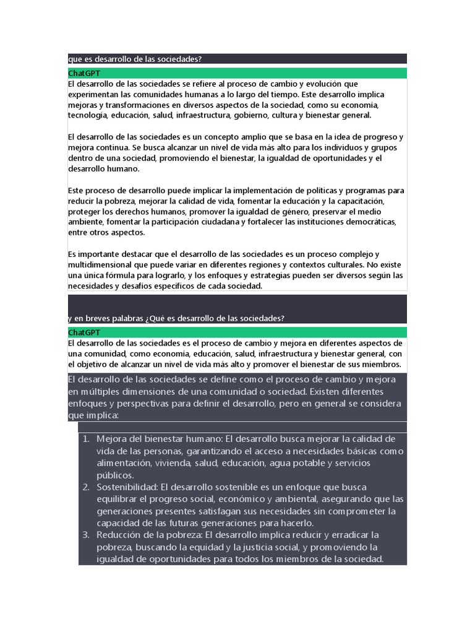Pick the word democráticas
coord(370,222)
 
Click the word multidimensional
coord(103,265)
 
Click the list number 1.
coord(85,439)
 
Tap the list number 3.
coord(85,535)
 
